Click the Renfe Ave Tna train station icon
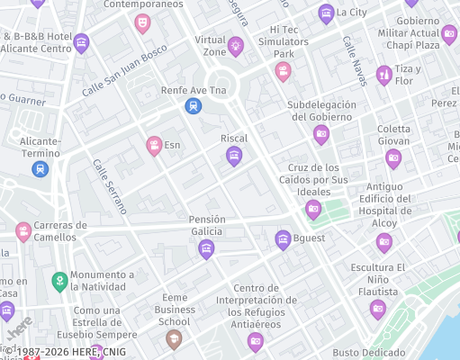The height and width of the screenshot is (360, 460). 192,106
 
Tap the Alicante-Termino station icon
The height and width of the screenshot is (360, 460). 40,168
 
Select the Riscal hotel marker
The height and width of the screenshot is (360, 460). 234,157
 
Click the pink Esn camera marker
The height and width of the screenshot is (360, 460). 155,144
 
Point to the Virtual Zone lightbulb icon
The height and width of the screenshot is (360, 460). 236,45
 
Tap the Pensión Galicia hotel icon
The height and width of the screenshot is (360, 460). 206,248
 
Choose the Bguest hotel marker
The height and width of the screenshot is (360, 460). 283,238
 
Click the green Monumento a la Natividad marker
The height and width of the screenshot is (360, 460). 60,282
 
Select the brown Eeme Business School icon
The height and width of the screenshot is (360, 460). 174,338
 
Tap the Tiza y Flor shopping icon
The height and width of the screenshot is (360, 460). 383,75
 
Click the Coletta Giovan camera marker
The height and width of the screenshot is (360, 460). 393,158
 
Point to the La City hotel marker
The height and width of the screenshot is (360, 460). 326,13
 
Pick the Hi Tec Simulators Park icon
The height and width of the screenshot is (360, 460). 283,71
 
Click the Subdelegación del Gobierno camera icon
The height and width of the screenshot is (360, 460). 321,135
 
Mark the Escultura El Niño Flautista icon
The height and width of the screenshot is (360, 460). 378,309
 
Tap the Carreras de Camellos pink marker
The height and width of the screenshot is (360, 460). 23,232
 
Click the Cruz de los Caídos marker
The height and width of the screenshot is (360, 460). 313,209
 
